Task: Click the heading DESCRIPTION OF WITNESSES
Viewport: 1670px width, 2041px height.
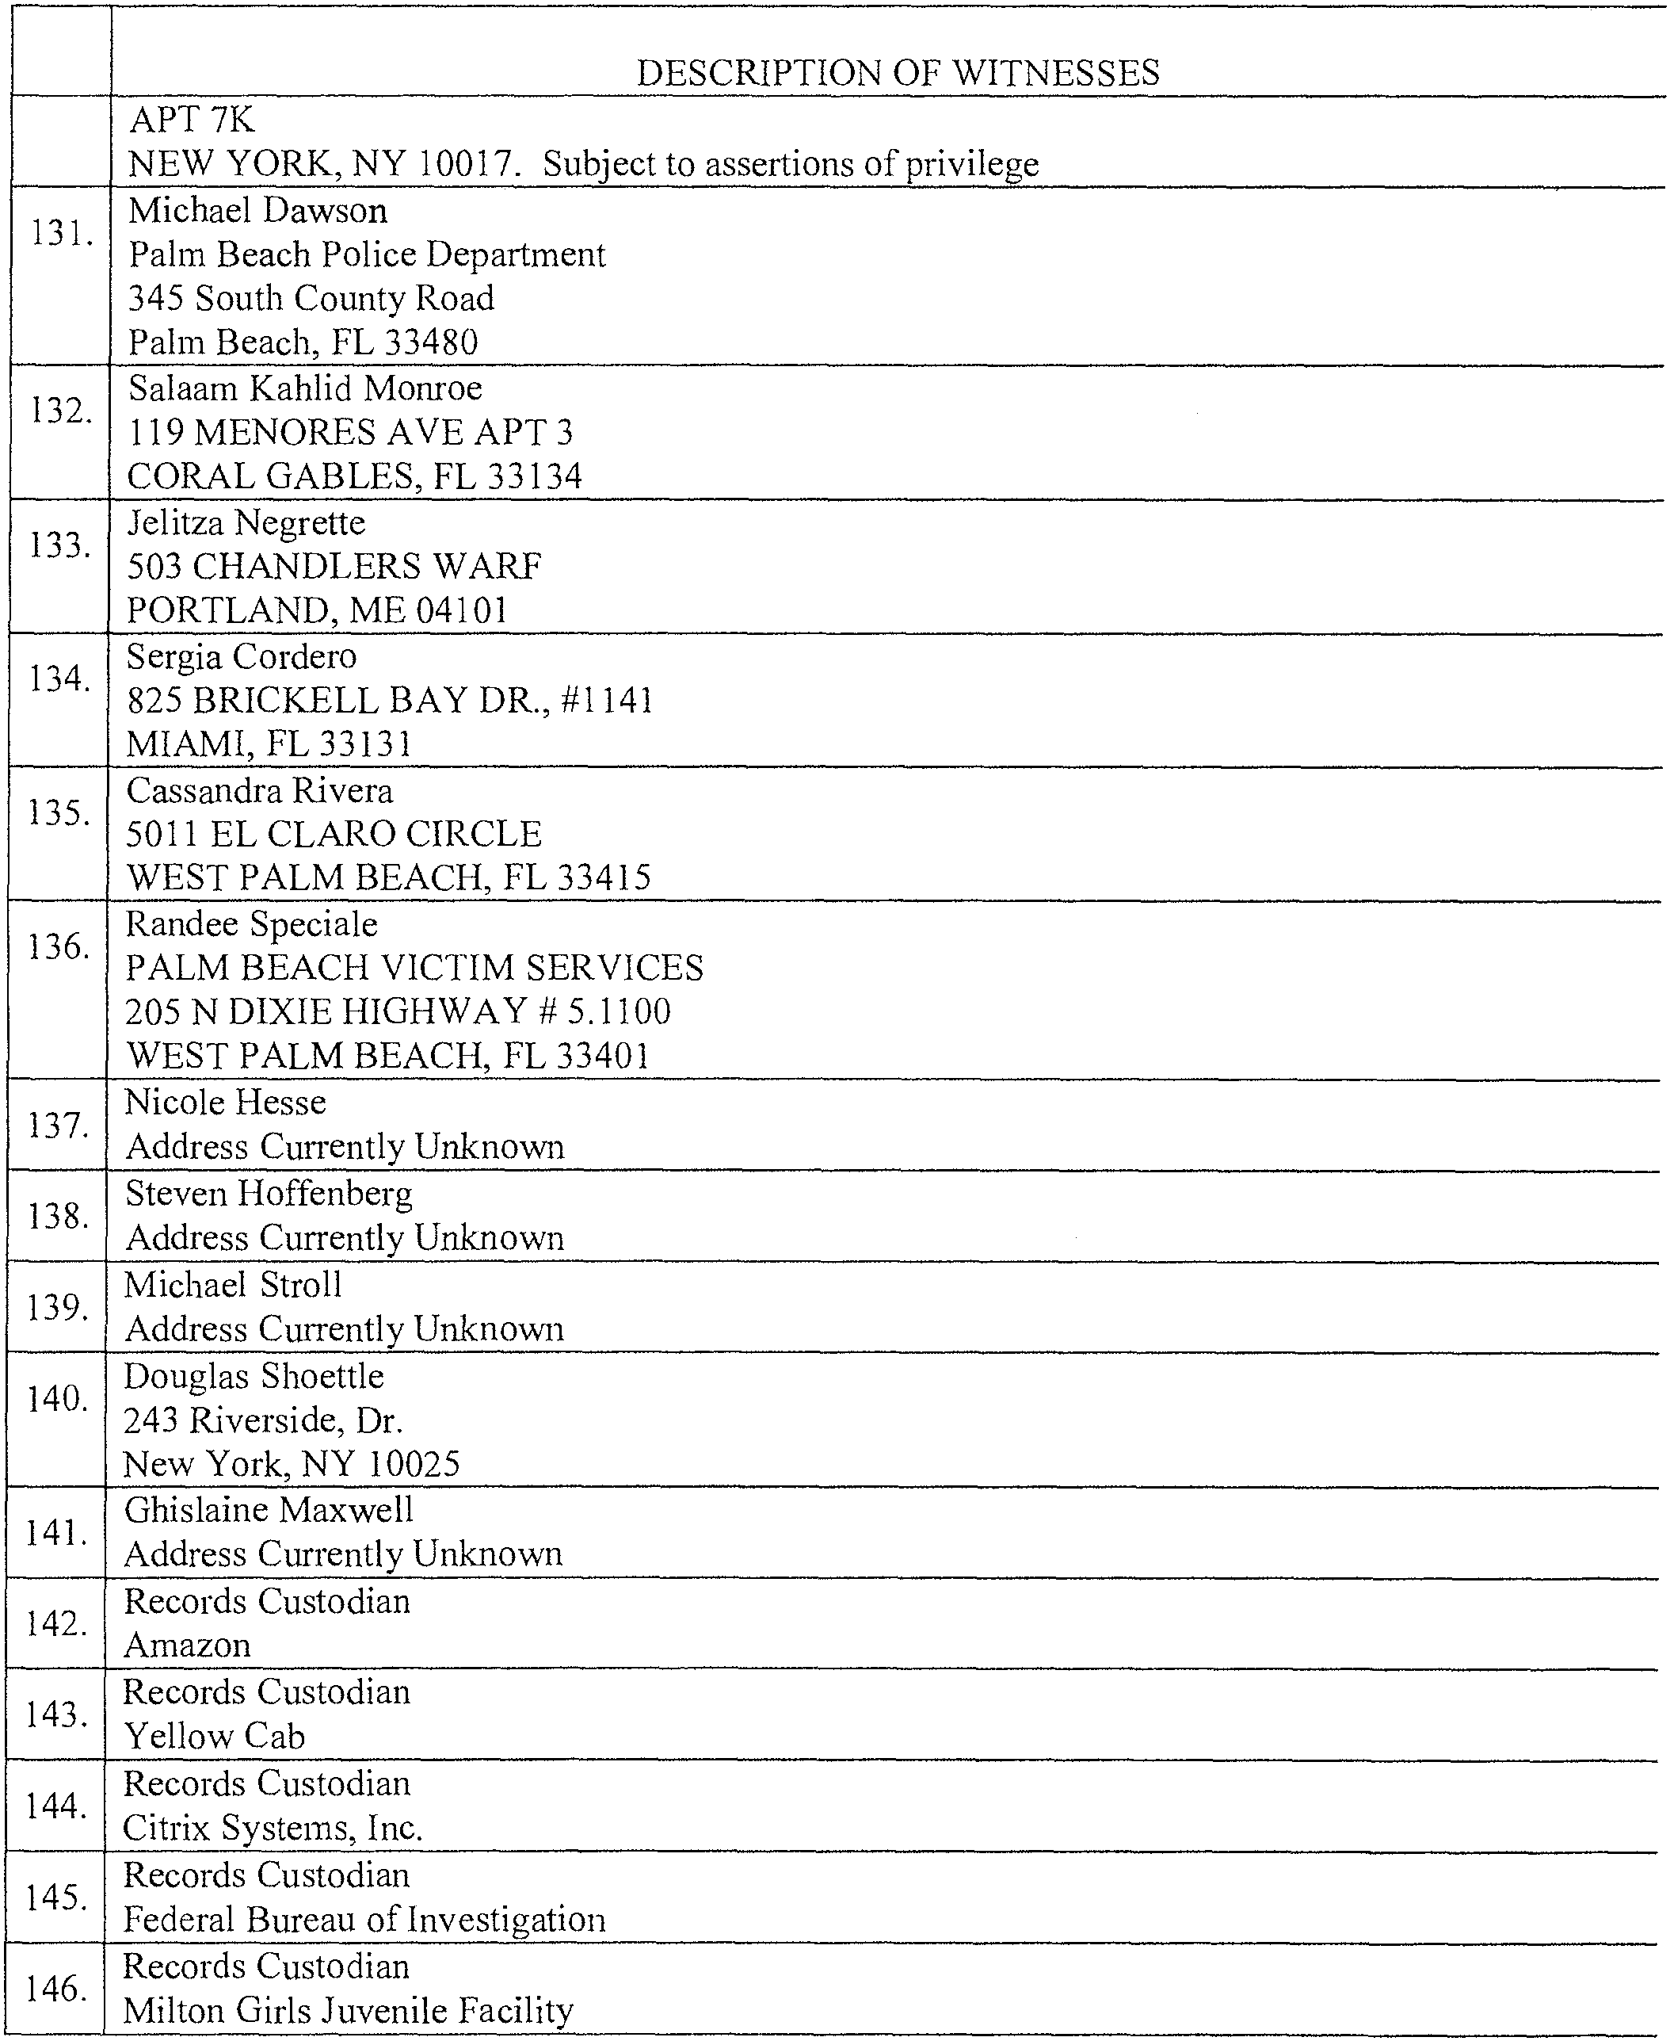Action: [898, 73]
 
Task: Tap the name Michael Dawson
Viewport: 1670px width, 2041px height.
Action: [257, 211]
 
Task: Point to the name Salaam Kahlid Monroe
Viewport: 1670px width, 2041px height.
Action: [305, 388]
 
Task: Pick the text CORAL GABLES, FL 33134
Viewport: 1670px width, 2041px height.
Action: [355, 476]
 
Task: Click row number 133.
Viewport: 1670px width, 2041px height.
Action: [60, 545]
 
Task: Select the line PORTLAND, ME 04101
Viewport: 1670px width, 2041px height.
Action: [318, 610]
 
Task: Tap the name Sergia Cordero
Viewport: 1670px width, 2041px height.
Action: [242, 656]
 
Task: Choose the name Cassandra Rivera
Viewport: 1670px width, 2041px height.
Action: [260, 790]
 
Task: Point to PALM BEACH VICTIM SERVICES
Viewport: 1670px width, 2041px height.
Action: [414, 967]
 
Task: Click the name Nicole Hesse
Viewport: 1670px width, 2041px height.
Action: [226, 1102]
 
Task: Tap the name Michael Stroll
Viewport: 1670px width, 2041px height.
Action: [234, 1285]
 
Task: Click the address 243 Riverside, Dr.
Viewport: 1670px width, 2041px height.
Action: [264, 1420]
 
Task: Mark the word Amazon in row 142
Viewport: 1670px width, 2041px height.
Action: [188, 1645]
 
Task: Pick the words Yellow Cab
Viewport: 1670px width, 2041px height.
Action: [215, 1735]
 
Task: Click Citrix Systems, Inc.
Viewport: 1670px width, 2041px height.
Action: [273, 1826]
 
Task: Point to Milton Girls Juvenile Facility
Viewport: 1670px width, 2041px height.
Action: [349, 2009]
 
